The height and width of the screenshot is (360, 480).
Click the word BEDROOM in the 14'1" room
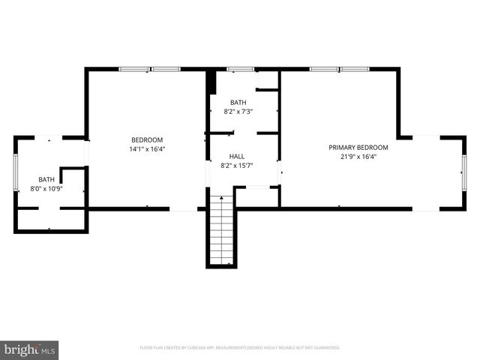[x=147, y=139]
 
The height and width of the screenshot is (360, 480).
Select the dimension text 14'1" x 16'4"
[x=147, y=148]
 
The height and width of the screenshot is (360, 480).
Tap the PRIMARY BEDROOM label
[x=358, y=147]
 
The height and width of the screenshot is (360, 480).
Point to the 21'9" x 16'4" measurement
[x=358, y=157]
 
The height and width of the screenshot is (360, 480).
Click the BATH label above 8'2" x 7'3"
[x=238, y=102]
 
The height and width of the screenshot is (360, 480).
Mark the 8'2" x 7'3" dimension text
[x=238, y=111]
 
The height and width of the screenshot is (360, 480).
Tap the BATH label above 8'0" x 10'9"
[x=46, y=179]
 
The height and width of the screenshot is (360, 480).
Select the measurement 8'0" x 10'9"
[x=46, y=188]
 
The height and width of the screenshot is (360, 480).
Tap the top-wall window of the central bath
[x=240, y=70]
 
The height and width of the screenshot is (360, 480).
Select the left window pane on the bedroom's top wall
[x=133, y=70]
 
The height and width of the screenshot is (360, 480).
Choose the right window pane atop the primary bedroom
[x=353, y=70]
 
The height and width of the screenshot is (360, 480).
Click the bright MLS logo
[x=30, y=349]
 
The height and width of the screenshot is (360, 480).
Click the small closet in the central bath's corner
[x=268, y=80]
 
